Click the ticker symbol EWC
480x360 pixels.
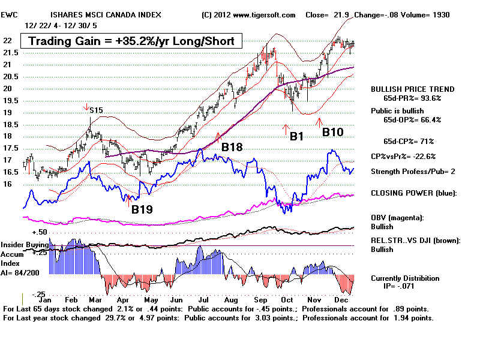(x=9, y=14)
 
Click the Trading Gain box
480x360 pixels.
(x=131, y=41)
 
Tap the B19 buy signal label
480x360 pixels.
(x=142, y=209)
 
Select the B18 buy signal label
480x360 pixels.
(x=232, y=147)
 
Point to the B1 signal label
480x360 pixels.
(x=296, y=136)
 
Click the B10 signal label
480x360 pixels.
(x=333, y=132)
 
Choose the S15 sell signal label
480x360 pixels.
(x=96, y=110)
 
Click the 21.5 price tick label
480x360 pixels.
(x=11, y=53)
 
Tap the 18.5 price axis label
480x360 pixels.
(x=11, y=125)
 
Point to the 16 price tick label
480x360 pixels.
(x=7, y=184)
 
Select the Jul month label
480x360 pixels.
(x=203, y=300)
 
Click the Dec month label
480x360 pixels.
(x=341, y=300)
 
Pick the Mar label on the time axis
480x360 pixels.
(x=95, y=300)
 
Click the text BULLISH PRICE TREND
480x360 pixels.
(x=413, y=89)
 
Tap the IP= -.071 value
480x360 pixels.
(x=399, y=286)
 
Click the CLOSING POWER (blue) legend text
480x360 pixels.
(x=414, y=193)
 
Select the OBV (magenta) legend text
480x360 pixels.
(x=397, y=218)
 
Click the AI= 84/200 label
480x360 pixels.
(x=20, y=273)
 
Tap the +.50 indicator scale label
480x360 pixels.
(x=40, y=232)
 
